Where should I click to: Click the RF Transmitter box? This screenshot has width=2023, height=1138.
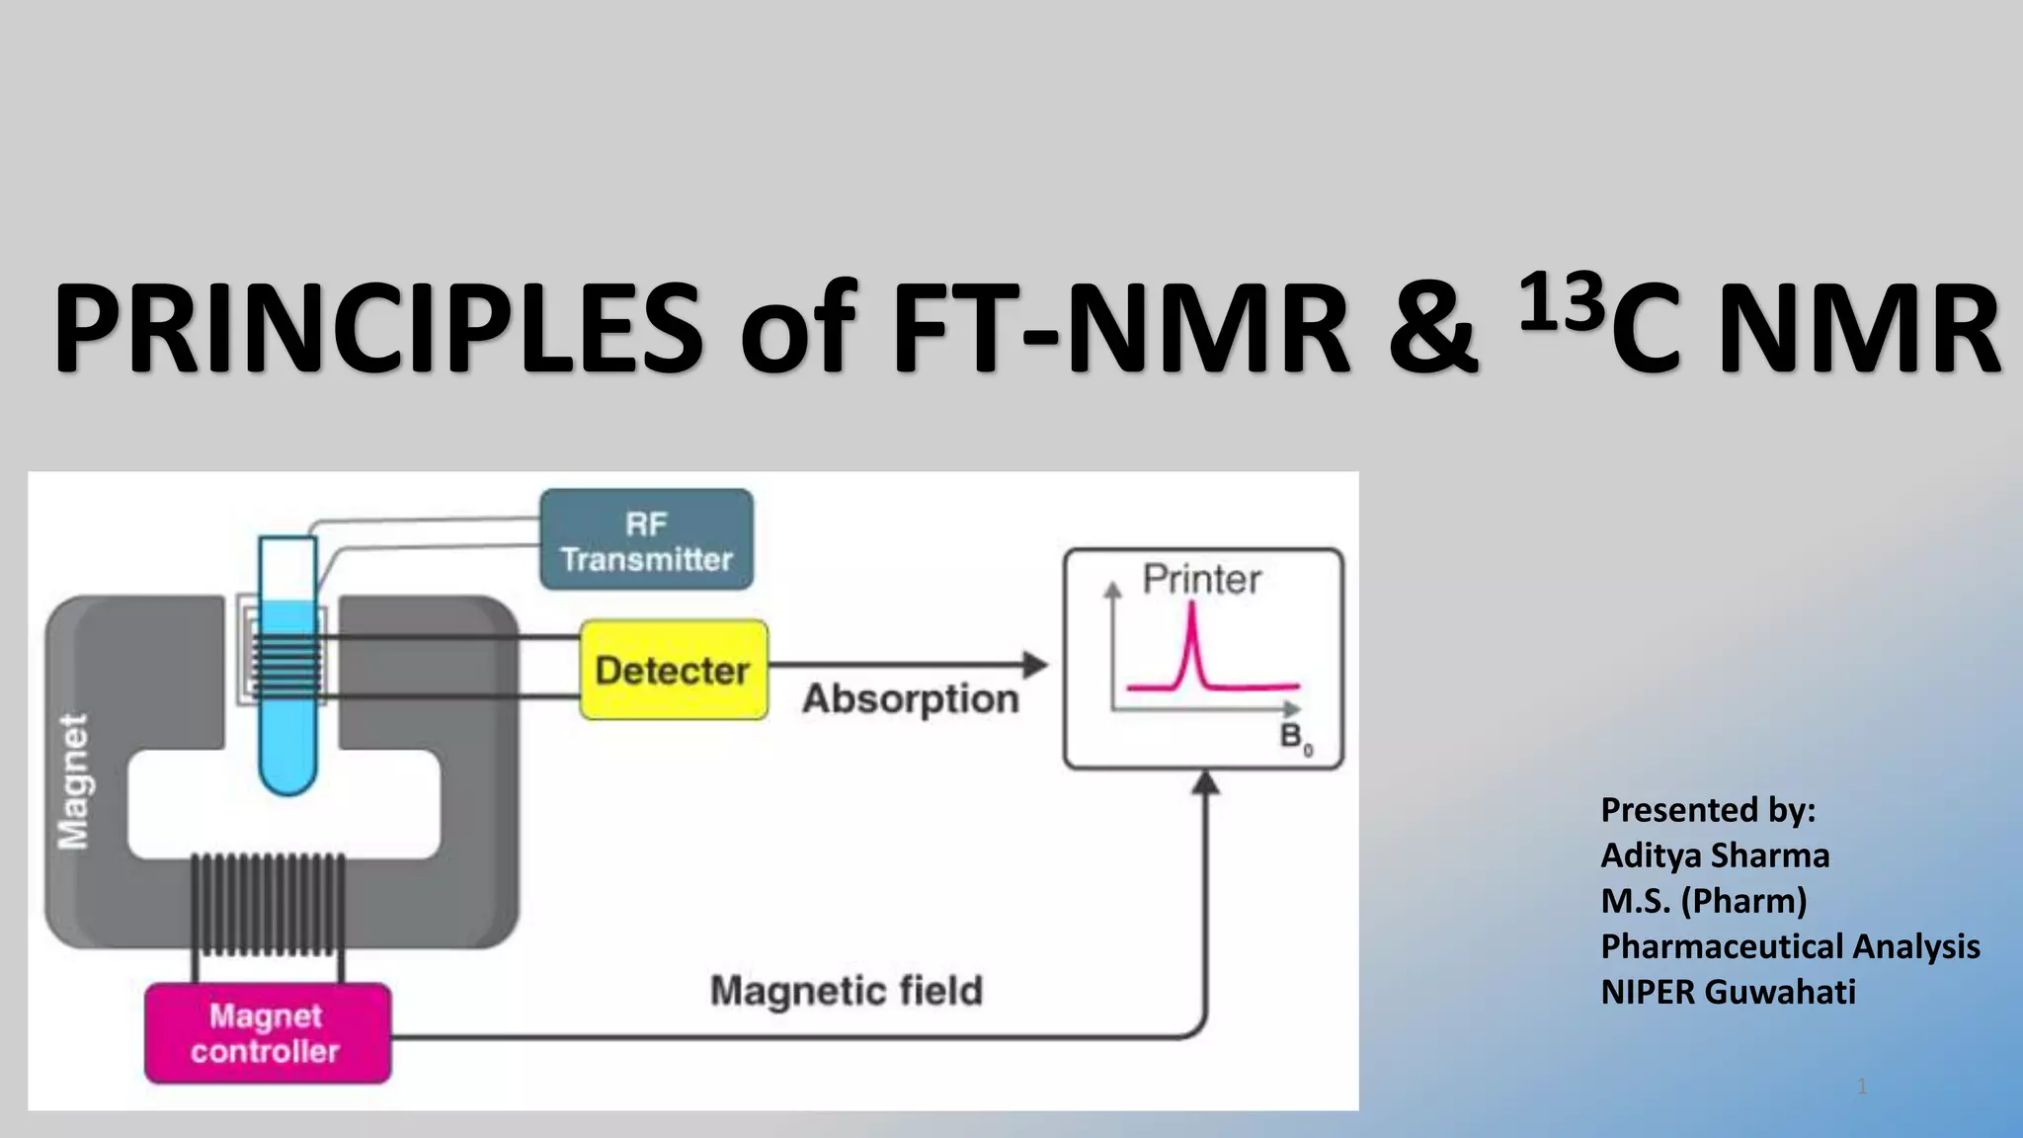point(647,540)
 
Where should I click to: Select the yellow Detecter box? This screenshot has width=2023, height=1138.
point(674,670)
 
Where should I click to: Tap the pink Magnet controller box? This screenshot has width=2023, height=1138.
point(267,1033)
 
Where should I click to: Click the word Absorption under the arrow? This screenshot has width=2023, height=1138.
point(910,699)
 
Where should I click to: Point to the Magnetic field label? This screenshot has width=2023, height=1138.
point(847,991)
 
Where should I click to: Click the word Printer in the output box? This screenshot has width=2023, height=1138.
point(1201,580)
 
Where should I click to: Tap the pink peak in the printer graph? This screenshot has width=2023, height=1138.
point(1192,632)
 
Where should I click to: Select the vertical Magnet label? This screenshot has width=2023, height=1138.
point(74,780)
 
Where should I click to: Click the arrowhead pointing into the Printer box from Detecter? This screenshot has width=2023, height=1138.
point(1034,665)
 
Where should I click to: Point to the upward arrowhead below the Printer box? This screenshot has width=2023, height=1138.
point(1205,783)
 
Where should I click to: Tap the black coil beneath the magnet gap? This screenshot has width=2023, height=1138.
point(268,904)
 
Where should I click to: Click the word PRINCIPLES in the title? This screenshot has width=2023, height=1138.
point(377,328)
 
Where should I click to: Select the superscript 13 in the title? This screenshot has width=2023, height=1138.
point(1561,302)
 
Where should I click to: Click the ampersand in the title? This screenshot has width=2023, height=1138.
point(1431,328)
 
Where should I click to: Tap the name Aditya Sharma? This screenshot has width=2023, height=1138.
point(1715,855)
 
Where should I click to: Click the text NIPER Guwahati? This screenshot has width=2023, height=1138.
point(1728,992)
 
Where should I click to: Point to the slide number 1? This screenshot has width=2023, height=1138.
point(1862,1087)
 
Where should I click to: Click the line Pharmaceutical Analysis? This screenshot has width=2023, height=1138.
point(1790,946)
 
